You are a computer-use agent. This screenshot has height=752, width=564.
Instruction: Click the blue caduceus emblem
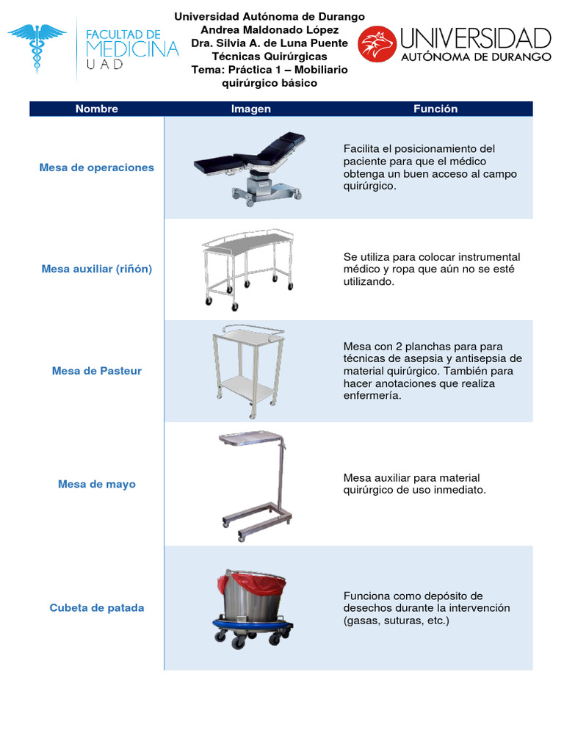37,48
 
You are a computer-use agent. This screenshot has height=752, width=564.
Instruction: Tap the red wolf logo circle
377,44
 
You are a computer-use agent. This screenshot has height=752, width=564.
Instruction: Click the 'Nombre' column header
97,109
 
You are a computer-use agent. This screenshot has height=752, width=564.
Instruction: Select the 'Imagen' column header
251,109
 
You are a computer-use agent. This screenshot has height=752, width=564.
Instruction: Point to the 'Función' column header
435,109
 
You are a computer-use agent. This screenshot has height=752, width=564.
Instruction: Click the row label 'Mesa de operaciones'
97,167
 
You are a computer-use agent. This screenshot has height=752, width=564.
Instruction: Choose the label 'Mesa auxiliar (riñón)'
97,269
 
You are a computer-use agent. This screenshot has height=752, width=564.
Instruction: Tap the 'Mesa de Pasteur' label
97,371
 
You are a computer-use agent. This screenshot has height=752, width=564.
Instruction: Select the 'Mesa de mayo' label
97,484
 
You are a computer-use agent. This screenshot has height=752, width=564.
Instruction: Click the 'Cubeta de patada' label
97,607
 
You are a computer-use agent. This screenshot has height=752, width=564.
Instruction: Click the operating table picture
250,168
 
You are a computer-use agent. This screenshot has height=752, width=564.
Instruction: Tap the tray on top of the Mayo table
251,438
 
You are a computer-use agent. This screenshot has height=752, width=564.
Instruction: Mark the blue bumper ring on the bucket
253,624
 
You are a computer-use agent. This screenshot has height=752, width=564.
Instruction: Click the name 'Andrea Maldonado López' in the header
270,29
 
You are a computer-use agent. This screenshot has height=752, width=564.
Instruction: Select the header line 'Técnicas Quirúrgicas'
270,57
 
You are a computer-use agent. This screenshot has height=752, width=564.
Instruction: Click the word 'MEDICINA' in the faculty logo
132,49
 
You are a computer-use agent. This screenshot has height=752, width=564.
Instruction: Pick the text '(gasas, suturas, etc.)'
396,621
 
